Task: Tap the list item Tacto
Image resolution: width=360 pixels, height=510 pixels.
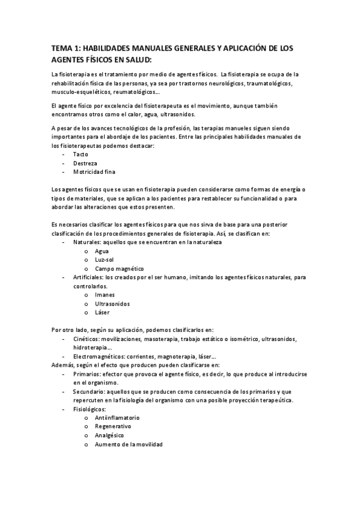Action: pos(81,155)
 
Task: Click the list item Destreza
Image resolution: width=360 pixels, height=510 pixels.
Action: pos(85,163)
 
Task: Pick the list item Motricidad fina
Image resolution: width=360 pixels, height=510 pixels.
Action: pos(94,172)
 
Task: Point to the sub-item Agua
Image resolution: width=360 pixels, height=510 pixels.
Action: pos(102,251)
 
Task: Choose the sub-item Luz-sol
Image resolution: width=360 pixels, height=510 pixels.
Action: pos(105,260)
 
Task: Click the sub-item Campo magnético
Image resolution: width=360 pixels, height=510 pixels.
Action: pos(120,268)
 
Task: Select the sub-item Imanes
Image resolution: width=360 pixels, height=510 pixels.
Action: pos(105,295)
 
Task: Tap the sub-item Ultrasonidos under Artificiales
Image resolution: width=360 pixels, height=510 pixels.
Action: pos(112,304)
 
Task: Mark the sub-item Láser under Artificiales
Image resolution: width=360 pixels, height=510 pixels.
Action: pos(103,312)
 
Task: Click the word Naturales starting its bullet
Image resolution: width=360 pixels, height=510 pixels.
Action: pos(88,242)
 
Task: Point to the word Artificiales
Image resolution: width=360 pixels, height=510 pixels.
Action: pos(90,277)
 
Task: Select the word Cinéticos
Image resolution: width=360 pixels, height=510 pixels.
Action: pos(88,339)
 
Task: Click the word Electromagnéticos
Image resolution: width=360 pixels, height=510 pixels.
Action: pos(99,356)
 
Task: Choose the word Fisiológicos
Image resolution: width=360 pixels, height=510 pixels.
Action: pos(90,409)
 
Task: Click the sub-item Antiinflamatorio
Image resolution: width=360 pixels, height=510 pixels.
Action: pos(117,417)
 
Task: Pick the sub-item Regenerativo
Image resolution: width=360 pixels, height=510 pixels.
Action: pos(113,426)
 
